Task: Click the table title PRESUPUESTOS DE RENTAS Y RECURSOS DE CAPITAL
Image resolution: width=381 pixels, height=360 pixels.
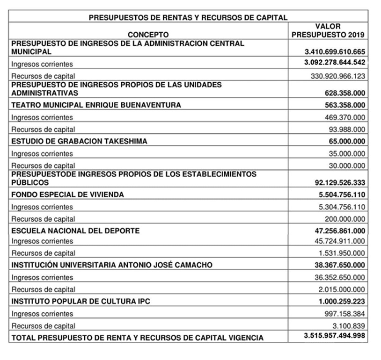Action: click(x=188, y=18)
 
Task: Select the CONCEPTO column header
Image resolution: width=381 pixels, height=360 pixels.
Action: click(x=148, y=35)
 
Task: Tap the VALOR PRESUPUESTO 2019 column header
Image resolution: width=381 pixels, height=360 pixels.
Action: click(x=328, y=30)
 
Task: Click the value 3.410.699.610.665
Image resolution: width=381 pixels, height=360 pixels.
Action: click(x=335, y=51)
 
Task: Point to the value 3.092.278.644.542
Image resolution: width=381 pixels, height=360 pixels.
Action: click(x=335, y=63)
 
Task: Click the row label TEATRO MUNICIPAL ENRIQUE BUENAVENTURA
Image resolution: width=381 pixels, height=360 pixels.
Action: click(x=96, y=105)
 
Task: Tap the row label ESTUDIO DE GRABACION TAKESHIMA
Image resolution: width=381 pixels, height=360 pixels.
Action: click(x=79, y=141)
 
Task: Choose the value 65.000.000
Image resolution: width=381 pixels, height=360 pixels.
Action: click(x=347, y=141)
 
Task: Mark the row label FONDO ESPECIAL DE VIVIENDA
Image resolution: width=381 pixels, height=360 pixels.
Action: click(x=67, y=195)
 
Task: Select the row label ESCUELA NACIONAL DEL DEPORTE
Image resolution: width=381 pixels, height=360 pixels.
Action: click(x=75, y=231)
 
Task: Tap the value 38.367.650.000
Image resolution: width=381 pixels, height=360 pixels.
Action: click(x=340, y=265)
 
